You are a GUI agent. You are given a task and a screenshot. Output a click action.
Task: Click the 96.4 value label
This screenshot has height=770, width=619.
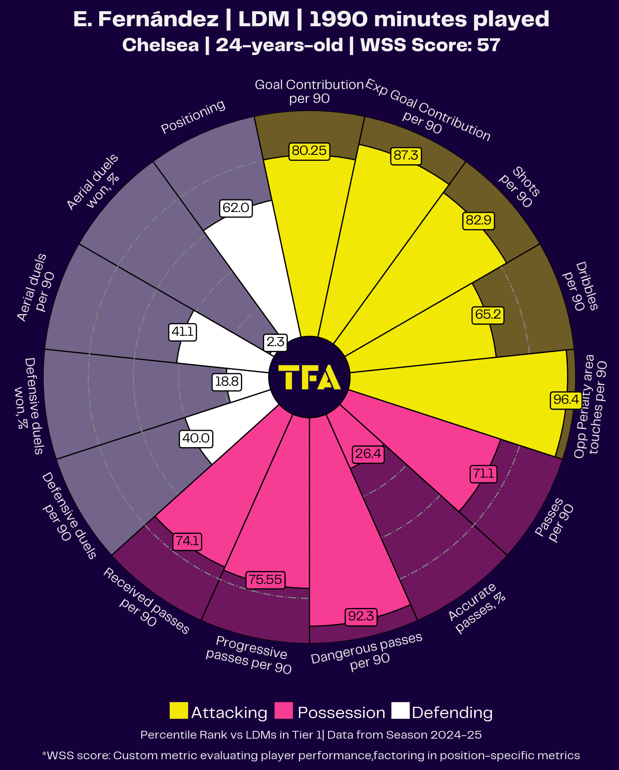coord(566,400)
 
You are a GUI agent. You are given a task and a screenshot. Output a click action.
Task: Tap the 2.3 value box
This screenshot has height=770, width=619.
coord(275,342)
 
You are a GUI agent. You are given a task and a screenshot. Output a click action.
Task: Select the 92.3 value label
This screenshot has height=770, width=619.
coord(361,617)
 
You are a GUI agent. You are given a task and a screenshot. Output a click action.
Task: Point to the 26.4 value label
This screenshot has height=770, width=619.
coord(368,454)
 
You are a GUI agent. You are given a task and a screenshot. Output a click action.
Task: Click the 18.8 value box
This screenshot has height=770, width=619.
coord(227,382)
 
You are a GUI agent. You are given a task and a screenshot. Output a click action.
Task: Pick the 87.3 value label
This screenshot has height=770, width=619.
coord(406,155)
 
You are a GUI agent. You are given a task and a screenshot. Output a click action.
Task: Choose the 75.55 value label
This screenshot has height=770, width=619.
coord(265,580)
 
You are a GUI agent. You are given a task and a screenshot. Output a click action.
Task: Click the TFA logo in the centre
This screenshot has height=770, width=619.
coord(309,377)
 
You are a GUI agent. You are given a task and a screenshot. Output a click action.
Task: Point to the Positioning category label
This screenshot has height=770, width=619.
coord(193,117)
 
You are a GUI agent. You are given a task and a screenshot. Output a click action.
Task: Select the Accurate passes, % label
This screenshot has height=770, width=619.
coord(476,608)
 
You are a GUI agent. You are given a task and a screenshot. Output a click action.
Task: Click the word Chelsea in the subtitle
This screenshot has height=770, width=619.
coord(161,45)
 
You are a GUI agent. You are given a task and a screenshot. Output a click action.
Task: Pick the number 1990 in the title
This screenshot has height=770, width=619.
coord(338,19)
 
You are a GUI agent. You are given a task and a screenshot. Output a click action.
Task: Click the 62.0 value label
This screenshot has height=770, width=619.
coord(236,208)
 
